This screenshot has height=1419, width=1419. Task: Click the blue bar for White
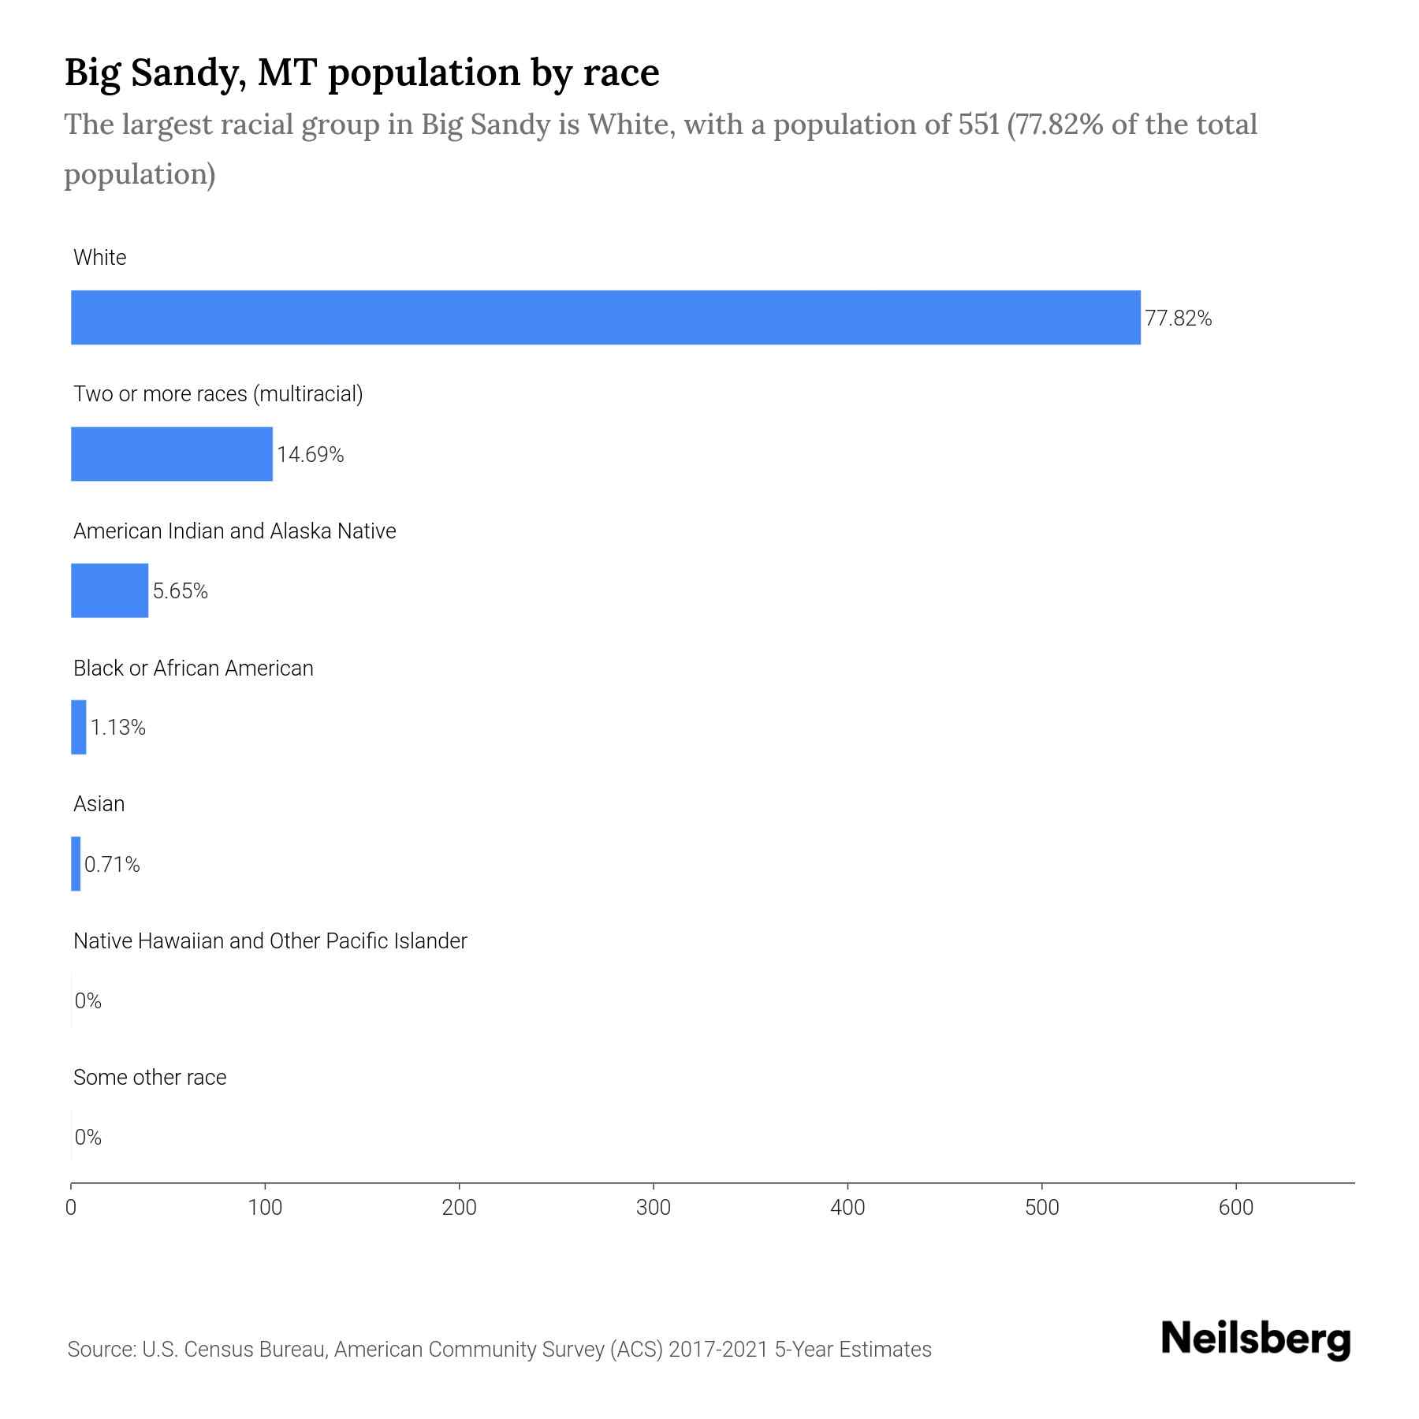click(605, 318)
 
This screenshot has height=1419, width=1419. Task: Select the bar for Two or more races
click(172, 454)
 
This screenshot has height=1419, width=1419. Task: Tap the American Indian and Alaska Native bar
click(110, 590)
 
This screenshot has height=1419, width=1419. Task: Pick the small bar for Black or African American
click(78, 727)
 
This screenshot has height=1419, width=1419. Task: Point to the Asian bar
click(76, 864)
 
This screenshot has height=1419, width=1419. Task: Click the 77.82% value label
click(1178, 318)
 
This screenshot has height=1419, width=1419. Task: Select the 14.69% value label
click(310, 455)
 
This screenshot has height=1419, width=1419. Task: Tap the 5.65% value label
click(180, 591)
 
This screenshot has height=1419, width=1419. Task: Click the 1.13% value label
click(117, 728)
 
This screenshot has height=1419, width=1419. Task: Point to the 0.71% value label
click(112, 865)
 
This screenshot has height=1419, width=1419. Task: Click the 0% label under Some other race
click(88, 1137)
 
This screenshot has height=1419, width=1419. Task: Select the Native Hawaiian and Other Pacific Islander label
click(270, 940)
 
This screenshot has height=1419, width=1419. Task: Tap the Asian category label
click(99, 804)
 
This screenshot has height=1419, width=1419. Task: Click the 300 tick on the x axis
click(654, 1208)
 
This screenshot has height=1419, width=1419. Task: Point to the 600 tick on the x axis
click(1235, 1208)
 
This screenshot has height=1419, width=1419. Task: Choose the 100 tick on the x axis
click(265, 1208)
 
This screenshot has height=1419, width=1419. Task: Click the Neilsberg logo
click(1255, 1340)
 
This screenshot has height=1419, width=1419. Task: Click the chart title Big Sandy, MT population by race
click(361, 73)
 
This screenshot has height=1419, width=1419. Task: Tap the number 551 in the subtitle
click(978, 125)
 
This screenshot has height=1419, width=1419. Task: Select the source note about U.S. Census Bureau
click(499, 1349)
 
